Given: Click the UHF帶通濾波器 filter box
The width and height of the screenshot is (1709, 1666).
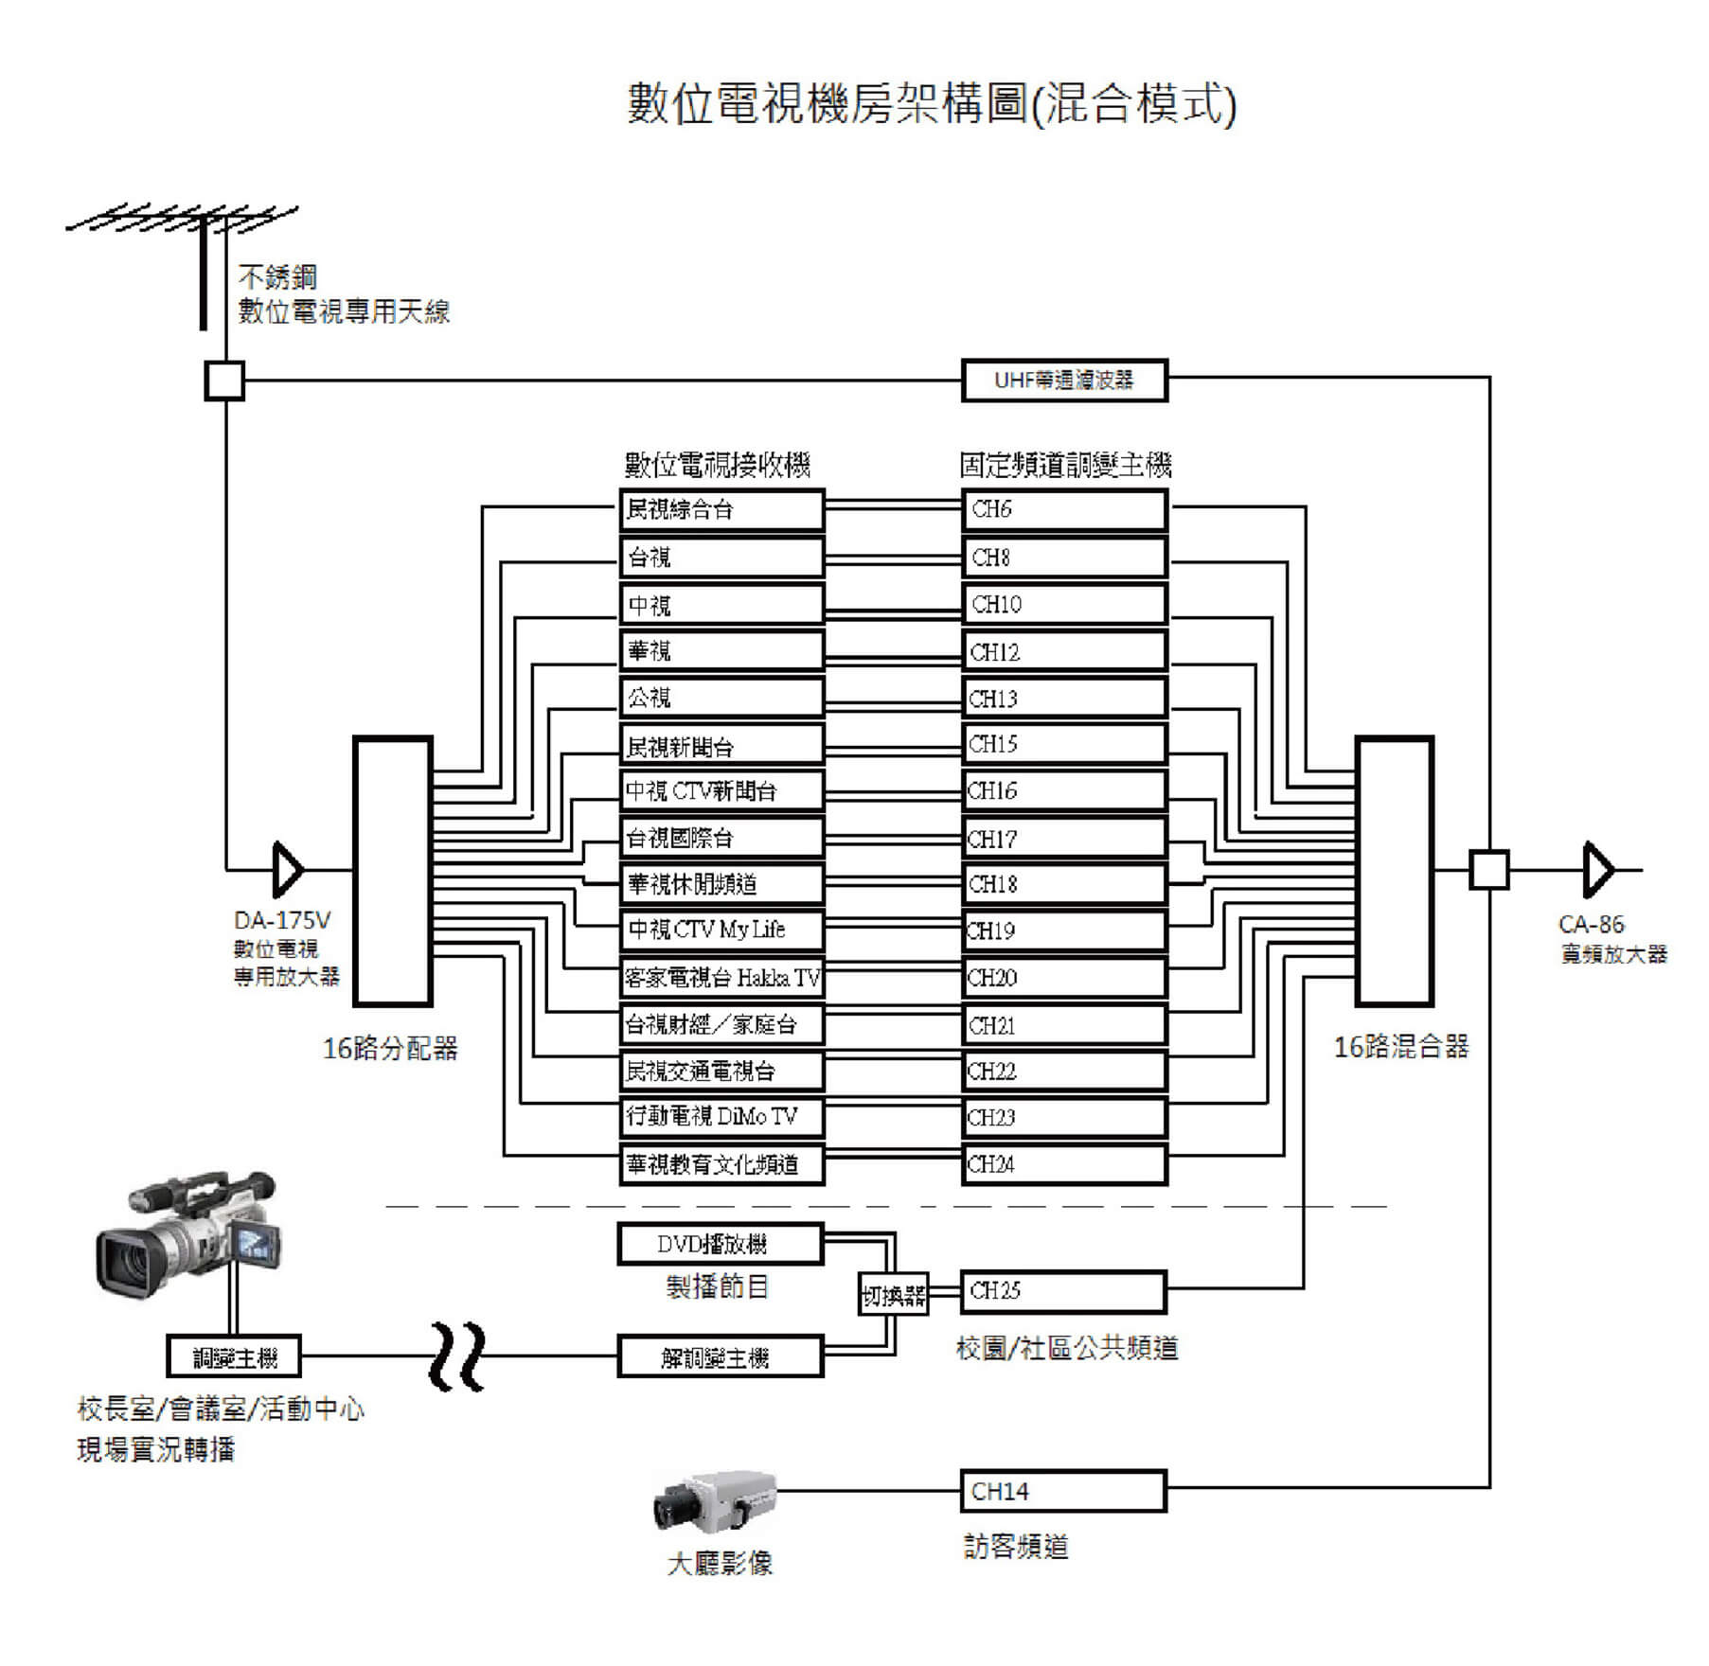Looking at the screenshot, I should coord(1063,381).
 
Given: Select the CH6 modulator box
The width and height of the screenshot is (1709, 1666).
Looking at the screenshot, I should coord(1063,510).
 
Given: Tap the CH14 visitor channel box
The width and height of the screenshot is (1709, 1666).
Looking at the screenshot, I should coord(1062,1491).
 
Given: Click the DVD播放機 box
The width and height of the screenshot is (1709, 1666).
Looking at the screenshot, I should coord(720,1244).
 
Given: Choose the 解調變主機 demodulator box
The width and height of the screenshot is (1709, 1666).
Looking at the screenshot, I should coord(720,1356).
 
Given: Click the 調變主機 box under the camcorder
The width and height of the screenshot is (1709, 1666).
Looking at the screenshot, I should coord(234,1356).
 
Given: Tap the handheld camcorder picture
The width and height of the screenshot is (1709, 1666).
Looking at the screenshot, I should coord(188,1232).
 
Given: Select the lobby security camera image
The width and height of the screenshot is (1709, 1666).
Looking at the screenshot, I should coord(715,1498).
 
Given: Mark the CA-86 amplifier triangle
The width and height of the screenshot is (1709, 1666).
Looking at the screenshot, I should coord(1598,869).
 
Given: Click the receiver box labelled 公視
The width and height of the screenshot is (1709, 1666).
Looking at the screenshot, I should coord(721,699).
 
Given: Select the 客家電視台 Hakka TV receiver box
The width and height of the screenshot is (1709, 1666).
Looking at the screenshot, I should coord(721,977).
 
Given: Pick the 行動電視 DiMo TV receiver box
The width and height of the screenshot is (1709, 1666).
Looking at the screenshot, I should coord(721,1117).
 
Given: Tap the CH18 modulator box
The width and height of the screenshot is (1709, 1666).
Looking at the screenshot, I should coord(1063,884).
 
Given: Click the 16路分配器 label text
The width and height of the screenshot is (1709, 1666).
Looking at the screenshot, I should coord(390,1048).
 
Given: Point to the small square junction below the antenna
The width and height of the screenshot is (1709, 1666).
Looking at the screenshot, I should coord(224,381).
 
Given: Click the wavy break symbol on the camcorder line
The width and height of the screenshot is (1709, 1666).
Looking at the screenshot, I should coord(457,1356).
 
